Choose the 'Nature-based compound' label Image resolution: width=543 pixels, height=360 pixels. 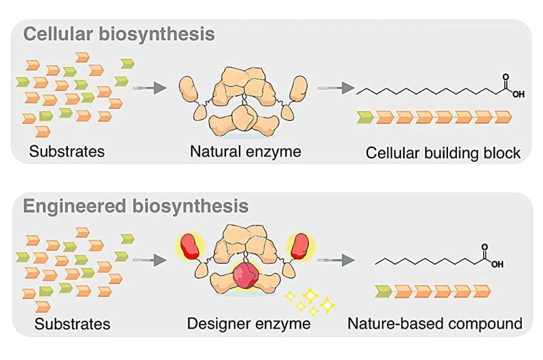pyautogui.click(x=435, y=324)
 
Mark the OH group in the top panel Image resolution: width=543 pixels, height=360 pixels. pyautogui.click(x=518, y=94)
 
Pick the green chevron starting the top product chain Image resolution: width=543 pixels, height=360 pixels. pyautogui.click(x=365, y=117)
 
